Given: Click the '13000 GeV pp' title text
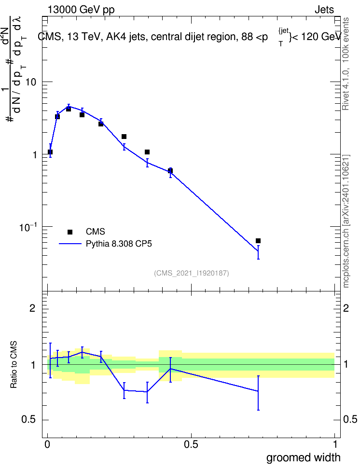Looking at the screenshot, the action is [81, 10].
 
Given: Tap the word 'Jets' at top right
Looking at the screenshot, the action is [324, 10].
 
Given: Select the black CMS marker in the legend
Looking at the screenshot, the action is [70, 232].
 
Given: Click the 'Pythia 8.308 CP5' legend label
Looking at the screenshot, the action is [119, 244].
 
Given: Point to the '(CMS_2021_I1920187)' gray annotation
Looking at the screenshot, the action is [192, 273].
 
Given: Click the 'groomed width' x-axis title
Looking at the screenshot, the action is [303, 457].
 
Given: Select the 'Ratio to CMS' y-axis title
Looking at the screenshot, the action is [14, 365].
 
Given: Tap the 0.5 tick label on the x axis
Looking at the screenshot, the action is [191, 444].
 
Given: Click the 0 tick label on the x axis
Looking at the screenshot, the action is [47, 444].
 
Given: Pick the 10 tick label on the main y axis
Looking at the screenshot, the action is [31, 82].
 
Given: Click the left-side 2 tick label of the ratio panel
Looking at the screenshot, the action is [33, 308].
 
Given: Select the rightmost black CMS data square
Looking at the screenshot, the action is [258, 241].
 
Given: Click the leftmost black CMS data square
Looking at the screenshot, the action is [50, 152].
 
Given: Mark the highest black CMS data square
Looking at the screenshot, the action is [69, 109].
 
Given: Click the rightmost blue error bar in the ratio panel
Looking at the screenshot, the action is [258, 393].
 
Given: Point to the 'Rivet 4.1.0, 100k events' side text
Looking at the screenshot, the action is [346, 64].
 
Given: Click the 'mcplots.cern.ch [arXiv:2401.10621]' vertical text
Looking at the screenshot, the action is [346, 221].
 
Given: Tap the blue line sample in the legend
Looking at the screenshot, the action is [70, 244].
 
